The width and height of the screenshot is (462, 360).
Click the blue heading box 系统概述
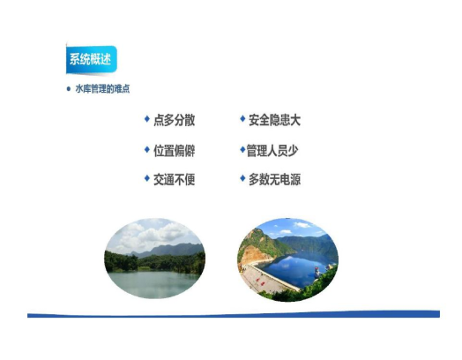91,59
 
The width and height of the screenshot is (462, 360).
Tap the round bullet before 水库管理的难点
69,89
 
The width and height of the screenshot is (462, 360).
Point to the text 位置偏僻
175,151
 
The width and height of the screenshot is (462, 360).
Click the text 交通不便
175,179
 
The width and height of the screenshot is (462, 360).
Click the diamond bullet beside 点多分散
147,118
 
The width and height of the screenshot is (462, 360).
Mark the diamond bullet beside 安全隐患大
242,118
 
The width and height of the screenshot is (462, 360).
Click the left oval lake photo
155,259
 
